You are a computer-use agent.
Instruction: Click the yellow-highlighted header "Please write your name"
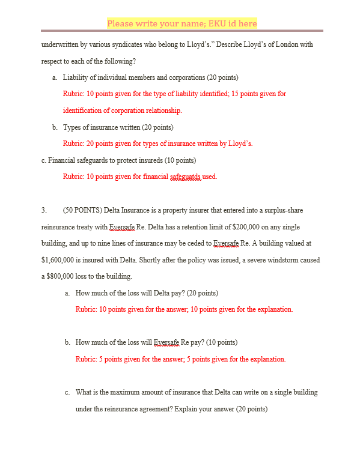coord(182,23)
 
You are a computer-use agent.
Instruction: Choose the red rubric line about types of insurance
coord(157,144)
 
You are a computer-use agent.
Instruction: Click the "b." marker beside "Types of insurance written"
coord(55,127)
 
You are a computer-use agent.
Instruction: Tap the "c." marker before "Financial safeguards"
coord(44,160)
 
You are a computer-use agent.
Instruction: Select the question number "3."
coord(44,211)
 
